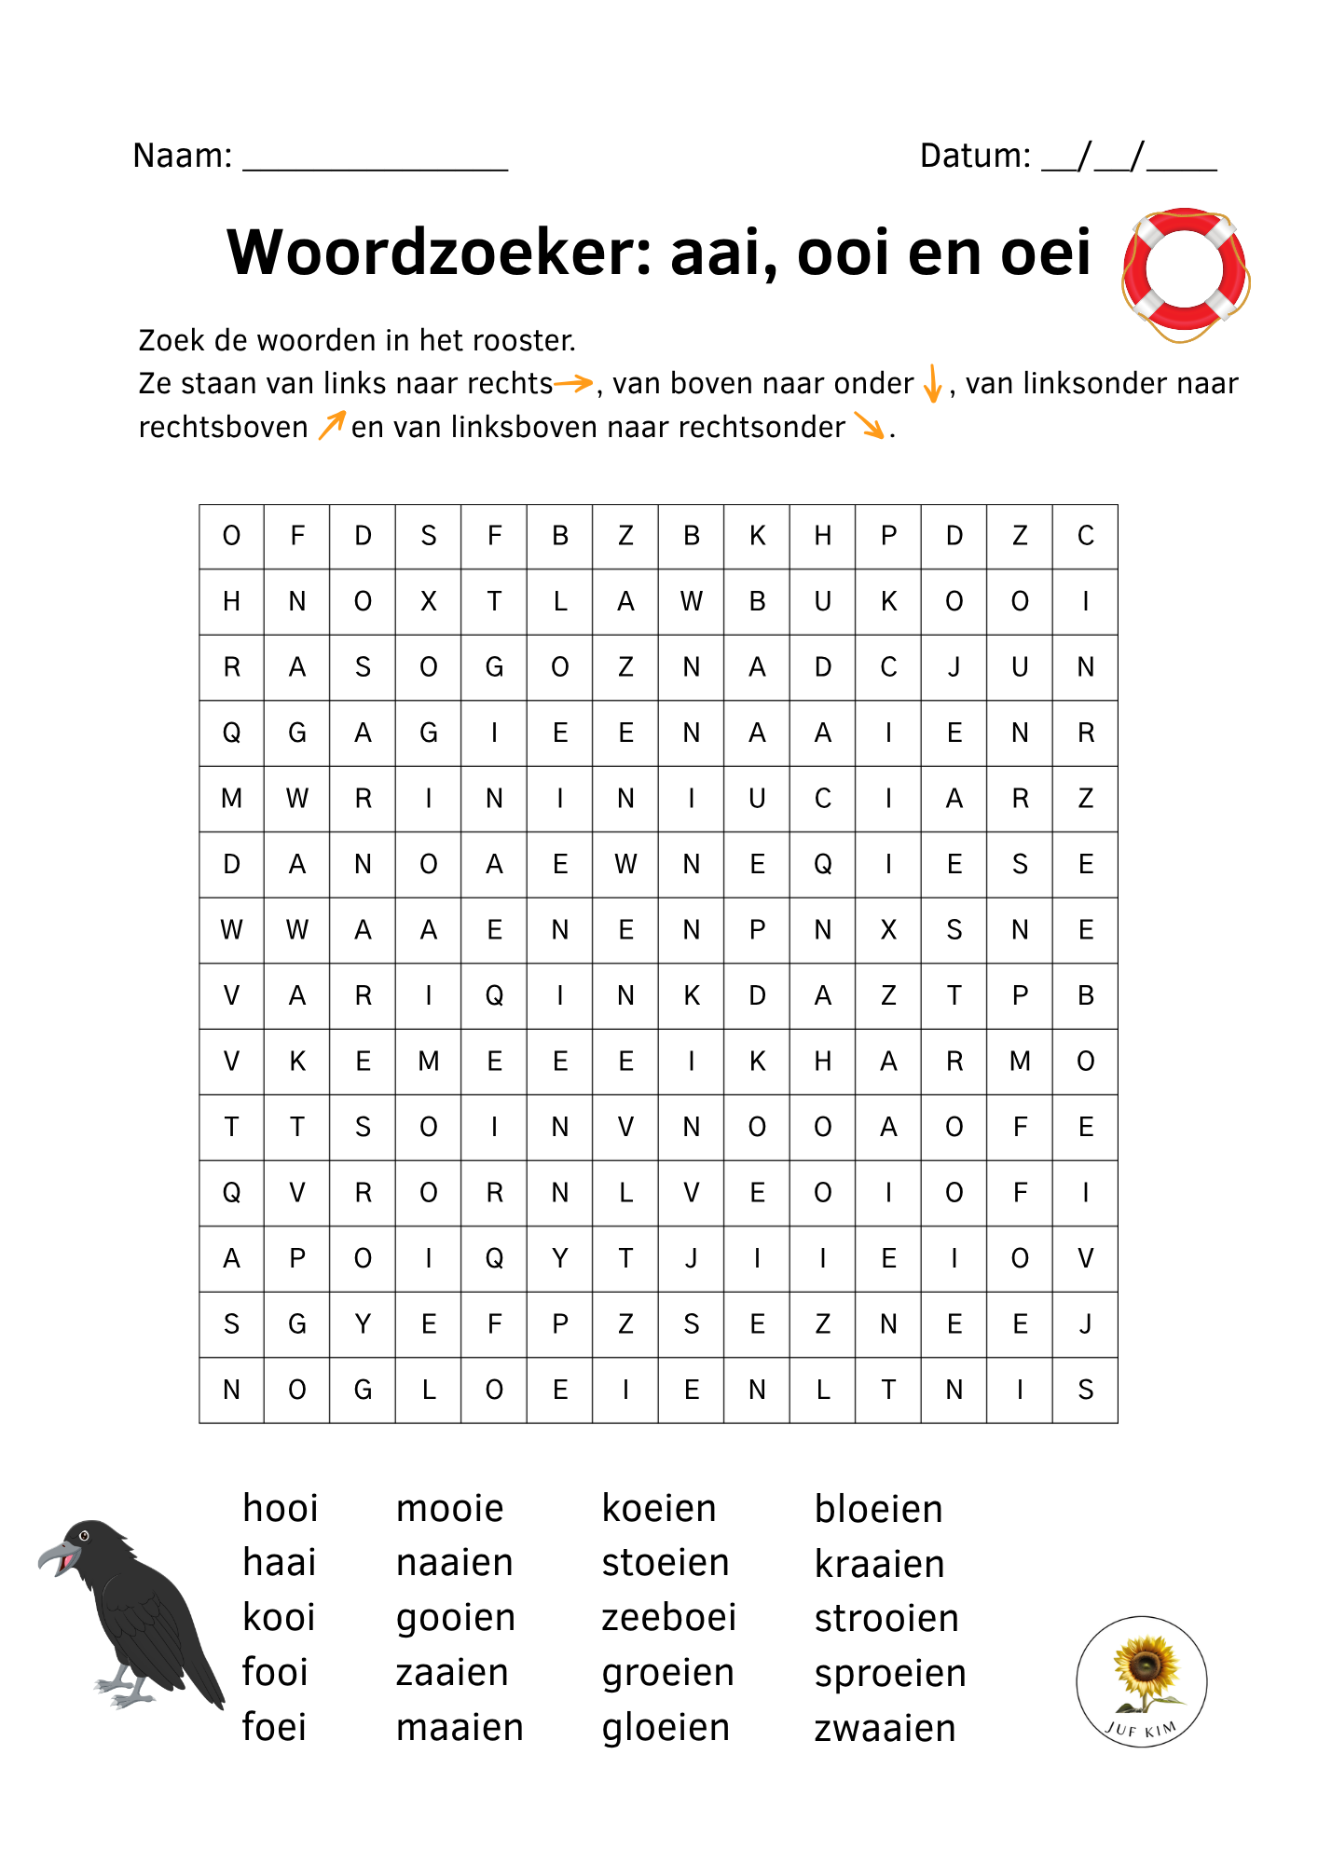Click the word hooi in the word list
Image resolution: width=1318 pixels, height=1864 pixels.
pos(280,1509)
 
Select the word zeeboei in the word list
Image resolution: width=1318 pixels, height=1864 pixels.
pos(668,1618)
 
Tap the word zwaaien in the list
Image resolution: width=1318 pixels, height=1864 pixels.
pos(885,1729)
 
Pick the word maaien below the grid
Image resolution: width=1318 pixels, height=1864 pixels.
pos(460,1728)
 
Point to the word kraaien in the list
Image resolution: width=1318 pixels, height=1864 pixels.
pos(879,1564)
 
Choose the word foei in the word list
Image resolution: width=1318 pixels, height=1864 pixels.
pos(274,1727)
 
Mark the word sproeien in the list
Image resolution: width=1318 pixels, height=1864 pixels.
pos(890,1674)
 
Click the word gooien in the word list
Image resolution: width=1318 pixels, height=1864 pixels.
pos(456,1618)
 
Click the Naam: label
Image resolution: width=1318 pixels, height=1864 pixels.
pos(183,156)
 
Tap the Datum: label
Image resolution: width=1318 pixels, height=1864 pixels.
pos(975,156)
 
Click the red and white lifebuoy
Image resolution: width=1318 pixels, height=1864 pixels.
pos(1185,272)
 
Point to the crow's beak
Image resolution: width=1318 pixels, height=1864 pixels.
pos(54,1555)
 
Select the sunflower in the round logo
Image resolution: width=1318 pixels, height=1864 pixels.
pos(1145,1668)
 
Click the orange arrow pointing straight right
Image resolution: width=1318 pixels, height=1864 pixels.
pos(574,382)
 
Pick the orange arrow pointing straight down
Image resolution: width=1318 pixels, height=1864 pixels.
pos(932,383)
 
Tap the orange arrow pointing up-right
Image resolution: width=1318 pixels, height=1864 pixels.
pos(331,425)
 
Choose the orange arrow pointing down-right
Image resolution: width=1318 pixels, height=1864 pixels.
pos(870,426)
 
